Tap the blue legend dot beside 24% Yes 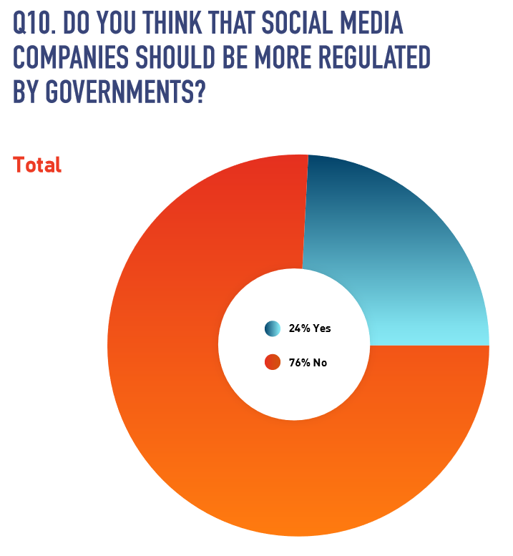pos(273,328)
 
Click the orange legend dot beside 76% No pos(273,363)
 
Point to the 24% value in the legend pos(298,328)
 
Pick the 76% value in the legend pos(298,363)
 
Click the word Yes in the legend pos(321,328)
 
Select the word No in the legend pos(319,363)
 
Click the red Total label pos(37,165)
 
